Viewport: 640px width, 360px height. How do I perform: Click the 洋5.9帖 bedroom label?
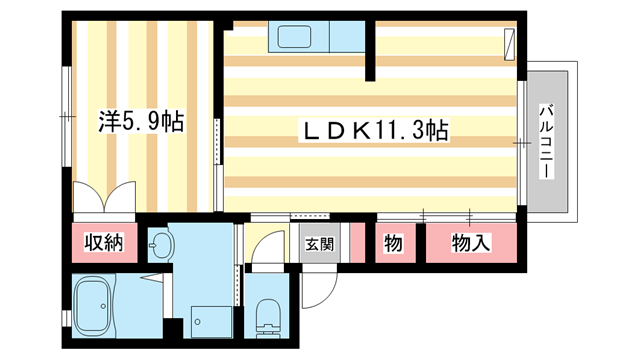139,122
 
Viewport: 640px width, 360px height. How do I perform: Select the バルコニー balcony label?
547,141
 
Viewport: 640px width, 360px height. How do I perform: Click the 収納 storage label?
103,243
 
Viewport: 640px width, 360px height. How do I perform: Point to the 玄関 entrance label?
319,243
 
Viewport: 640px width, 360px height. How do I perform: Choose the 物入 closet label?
471,243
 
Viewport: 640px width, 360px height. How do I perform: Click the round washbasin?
161,242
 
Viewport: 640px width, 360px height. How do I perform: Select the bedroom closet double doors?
103,199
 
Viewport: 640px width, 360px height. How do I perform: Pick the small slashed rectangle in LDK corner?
509,41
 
